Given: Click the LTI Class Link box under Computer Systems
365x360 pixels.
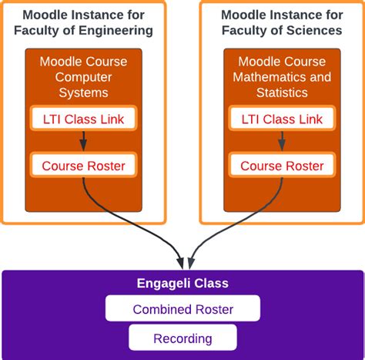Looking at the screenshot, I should (x=83, y=119).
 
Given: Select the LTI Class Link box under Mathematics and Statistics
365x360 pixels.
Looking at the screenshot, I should (x=282, y=119).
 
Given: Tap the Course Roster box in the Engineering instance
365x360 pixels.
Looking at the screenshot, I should (x=83, y=165).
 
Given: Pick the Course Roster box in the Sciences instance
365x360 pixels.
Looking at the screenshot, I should (x=282, y=165).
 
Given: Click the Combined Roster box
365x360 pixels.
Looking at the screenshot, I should (x=182, y=309).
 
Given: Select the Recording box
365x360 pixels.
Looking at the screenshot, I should (x=182, y=338).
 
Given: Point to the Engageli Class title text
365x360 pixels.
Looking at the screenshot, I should (x=182, y=284).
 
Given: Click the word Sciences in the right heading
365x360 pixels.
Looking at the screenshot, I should (x=316, y=31).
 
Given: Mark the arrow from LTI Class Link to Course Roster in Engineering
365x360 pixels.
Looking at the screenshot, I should (x=83, y=142).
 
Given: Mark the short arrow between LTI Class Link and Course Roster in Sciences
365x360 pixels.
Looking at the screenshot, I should (x=282, y=142).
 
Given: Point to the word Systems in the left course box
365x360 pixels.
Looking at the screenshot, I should (x=84, y=93).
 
